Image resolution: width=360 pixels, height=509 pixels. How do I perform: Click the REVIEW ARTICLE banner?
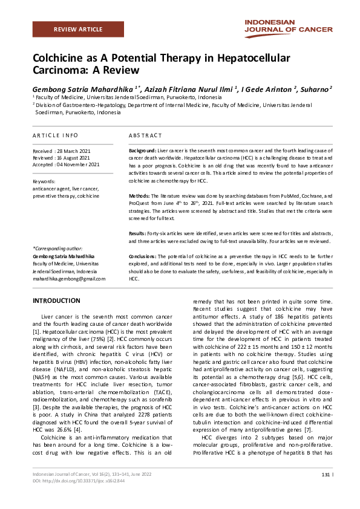tap(77, 29)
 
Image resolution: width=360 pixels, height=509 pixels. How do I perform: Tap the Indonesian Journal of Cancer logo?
tap(288, 25)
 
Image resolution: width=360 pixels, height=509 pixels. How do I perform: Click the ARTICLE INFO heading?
tap(55, 135)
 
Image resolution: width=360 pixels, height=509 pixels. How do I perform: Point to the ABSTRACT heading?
tap(146, 135)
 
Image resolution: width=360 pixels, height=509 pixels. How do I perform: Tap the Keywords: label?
tap(44, 181)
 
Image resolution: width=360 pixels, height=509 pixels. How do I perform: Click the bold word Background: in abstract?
tap(143, 149)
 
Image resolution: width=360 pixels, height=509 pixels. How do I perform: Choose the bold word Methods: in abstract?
tap(140, 196)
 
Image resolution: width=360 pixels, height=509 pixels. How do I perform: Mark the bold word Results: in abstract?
tap(139, 233)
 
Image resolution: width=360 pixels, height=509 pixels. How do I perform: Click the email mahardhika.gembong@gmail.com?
tap(69, 279)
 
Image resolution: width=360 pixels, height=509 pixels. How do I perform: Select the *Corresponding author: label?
tap(58, 248)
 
